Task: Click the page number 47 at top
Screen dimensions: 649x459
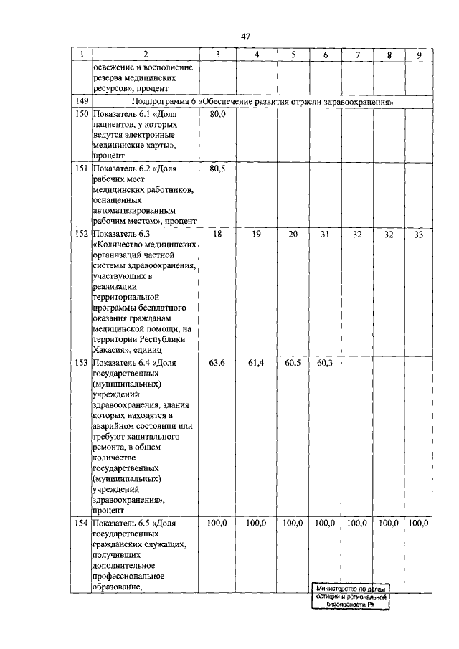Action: point(245,37)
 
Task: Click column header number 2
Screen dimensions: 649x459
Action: point(145,55)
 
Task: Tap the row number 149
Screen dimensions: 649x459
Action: point(81,102)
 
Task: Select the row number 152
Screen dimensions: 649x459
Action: point(81,234)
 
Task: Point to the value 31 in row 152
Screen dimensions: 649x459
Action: point(325,234)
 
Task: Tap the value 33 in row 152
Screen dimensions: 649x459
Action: point(418,234)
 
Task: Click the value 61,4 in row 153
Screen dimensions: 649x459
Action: point(256,364)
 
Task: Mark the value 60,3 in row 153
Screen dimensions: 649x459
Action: point(325,364)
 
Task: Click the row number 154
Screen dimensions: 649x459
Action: point(81,524)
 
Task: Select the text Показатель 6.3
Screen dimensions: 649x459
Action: point(120,234)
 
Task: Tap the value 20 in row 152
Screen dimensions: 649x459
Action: point(293,234)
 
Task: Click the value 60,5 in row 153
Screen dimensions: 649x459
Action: point(293,364)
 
